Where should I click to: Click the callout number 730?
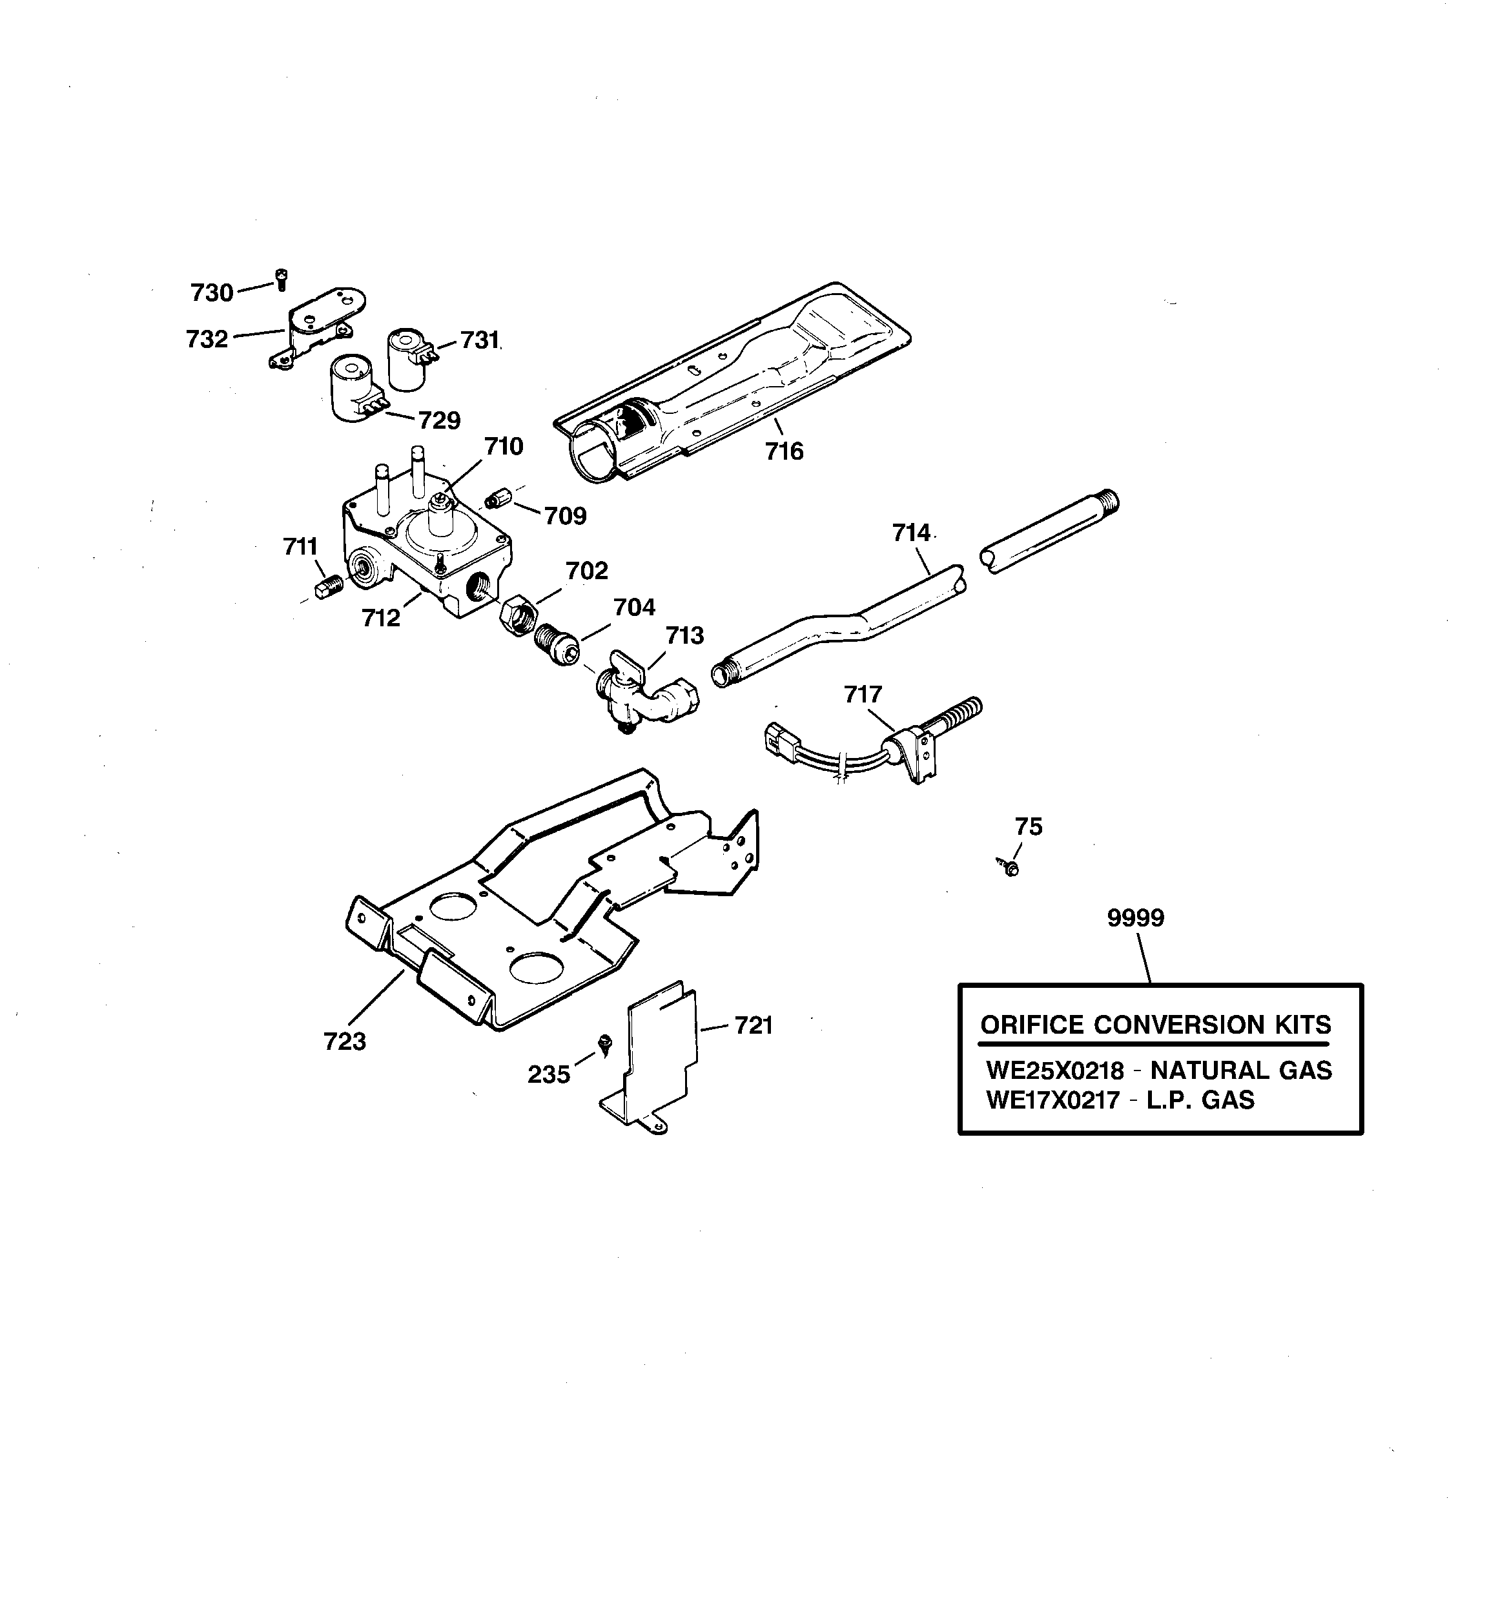tap(212, 293)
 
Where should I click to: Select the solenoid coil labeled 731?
tap(409, 360)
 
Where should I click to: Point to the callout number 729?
tap(439, 420)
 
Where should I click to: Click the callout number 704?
tap(635, 608)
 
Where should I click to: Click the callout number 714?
tap(911, 533)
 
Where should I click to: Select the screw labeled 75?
tap(1009, 866)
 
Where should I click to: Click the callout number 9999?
tap(1135, 918)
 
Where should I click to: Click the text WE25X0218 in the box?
tap(1055, 1070)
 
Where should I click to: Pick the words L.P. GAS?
tap(1200, 1100)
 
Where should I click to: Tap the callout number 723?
tap(344, 1041)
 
